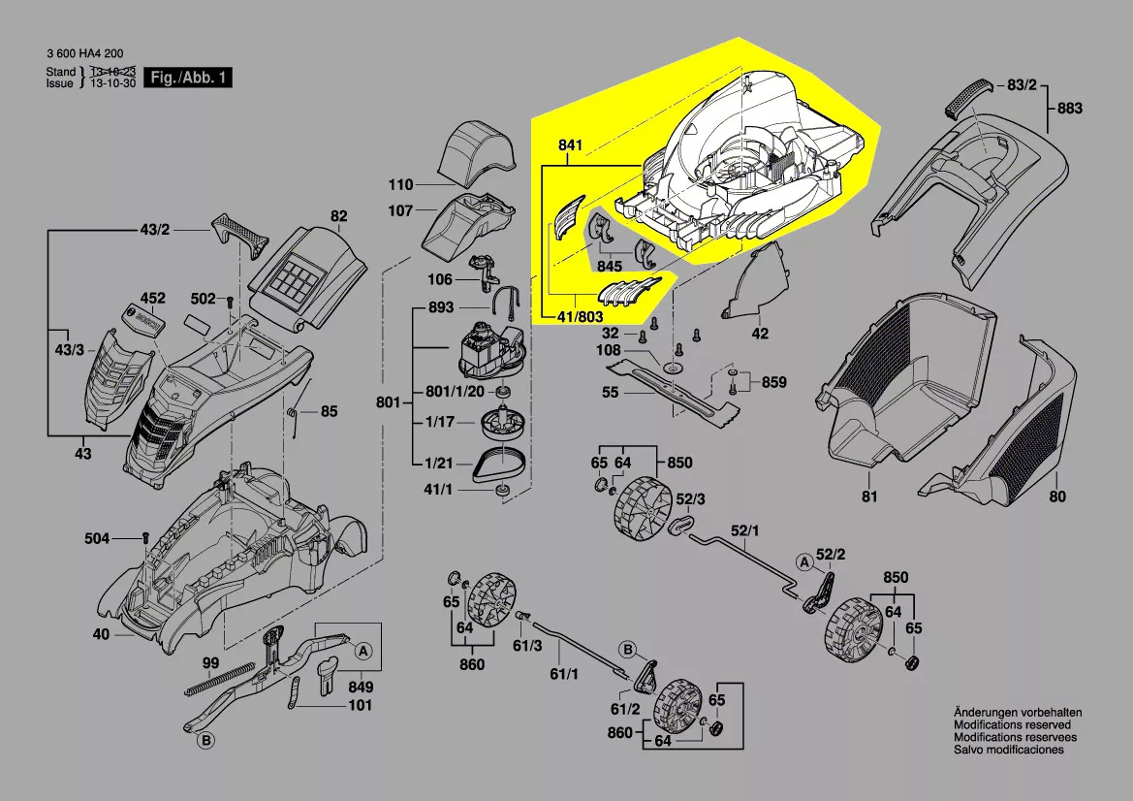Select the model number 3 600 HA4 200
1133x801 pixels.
click(85, 54)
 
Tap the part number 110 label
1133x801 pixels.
click(400, 184)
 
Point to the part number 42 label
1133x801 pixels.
click(760, 334)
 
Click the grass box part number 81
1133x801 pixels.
click(869, 497)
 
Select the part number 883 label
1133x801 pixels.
click(1069, 109)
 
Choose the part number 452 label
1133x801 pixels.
click(153, 298)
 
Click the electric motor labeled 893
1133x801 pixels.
click(489, 350)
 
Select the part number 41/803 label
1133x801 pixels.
click(581, 317)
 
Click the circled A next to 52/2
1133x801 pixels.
click(803, 562)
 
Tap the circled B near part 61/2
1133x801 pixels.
click(627, 649)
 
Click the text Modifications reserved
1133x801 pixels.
click(1012, 725)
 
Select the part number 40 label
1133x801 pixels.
click(101, 635)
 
